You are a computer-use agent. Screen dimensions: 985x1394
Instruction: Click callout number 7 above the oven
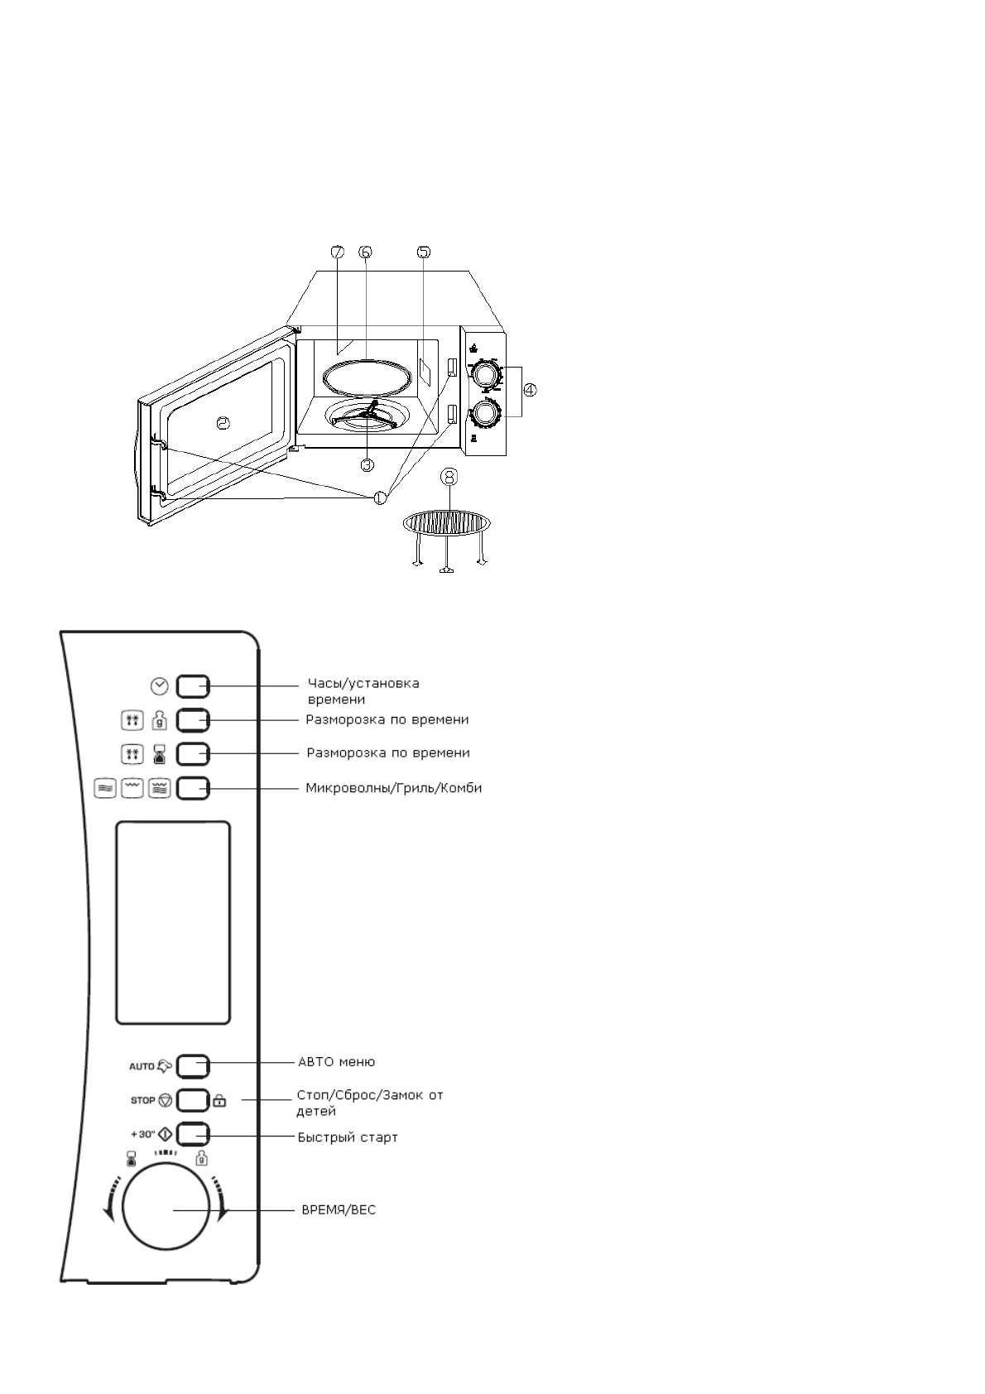point(337,253)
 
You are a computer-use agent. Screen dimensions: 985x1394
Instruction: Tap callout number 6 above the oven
point(366,253)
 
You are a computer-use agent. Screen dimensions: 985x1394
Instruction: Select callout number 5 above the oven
point(423,252)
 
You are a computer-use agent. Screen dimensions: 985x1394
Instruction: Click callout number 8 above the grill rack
point(449,479)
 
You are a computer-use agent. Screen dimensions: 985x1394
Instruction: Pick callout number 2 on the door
point(222,424)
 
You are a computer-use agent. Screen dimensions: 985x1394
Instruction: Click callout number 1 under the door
point(380,498)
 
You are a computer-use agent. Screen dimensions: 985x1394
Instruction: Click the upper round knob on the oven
point(486,375)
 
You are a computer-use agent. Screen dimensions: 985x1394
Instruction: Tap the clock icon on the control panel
point(160,685)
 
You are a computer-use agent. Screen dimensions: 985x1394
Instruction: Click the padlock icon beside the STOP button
point(219,1101)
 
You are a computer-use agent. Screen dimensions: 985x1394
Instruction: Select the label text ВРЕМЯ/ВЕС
point(339,1210)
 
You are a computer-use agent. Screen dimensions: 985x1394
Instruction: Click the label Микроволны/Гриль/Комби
point(394,788)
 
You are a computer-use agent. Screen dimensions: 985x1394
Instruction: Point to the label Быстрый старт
point(348,1137)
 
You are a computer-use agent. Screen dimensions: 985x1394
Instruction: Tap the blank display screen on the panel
point(173,923)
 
